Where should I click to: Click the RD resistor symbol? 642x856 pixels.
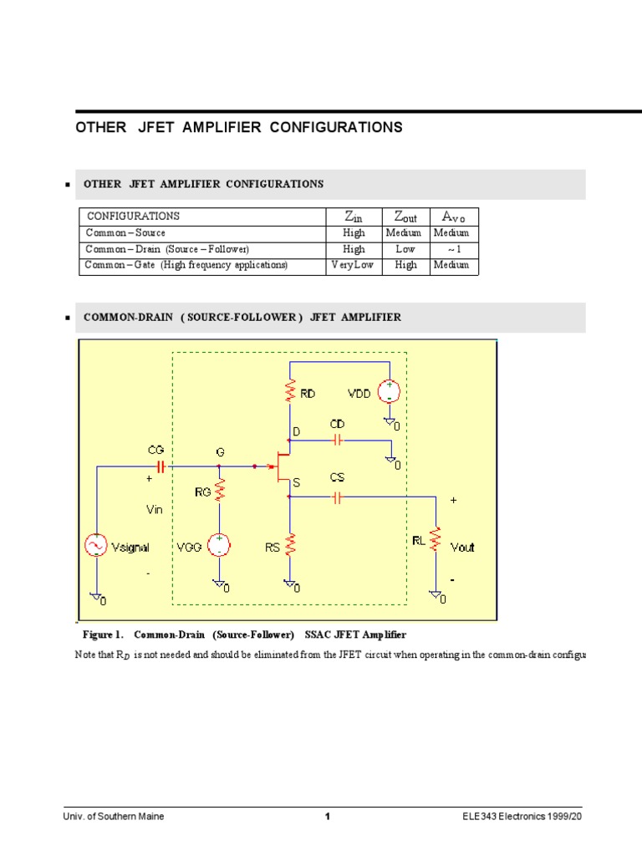tap(290, 391)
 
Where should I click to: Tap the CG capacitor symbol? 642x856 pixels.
tap(157, 466)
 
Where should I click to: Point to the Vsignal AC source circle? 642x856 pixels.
tap(97, 546)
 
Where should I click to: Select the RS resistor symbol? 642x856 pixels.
tap(290, 547)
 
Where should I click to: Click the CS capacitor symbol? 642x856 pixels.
tap(337, 498)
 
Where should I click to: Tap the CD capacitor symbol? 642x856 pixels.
tap(337, 439)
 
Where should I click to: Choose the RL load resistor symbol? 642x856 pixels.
tap(435, 540)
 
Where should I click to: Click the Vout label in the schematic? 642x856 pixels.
tap(462, 547)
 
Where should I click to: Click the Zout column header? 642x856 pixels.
tap(405, 217)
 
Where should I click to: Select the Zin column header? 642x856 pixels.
tap(354, 217)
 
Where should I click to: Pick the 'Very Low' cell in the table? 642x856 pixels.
tap(353, 265)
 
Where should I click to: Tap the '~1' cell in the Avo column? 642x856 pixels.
tap(454, 249)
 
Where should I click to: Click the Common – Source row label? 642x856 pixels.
tap(126, 233)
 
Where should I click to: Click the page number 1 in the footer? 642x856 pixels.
tap(329, 817)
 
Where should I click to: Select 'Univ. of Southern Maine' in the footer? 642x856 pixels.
tap(115, 817)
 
